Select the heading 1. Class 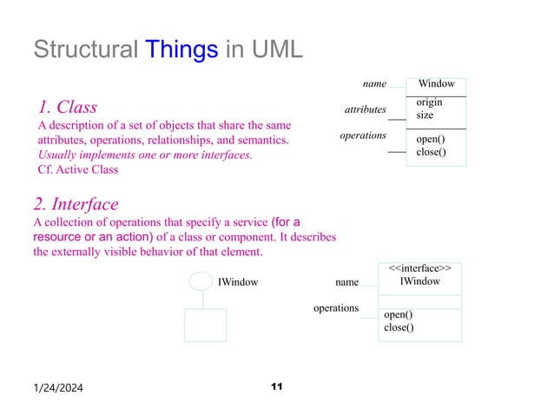click(x=67, y=108)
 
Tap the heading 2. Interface click(x=76, y=205)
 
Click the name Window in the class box click(x=436, y=84)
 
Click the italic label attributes click(x=365, y=109)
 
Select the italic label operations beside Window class click(x=363, y=135)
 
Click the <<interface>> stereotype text click(x=419, y=268)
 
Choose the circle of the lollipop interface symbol click(x=201, y=281)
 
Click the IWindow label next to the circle click(x=237, y=282)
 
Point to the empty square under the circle click(x=205, y=325)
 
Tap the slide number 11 click(x=278, y=385)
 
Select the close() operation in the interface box click(x=399, y=327)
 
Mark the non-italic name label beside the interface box click(x=346, y=282)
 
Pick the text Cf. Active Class click(x=77, y=169)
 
